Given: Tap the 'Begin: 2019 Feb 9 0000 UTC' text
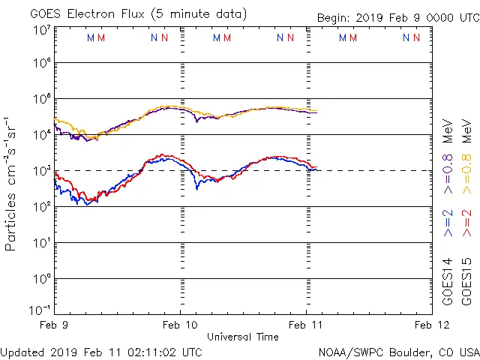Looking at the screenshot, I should click(397, 17).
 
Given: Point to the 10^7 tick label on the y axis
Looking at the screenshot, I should click(41, 30).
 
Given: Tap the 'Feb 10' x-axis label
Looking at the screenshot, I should click(180, 325).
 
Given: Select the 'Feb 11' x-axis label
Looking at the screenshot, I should click(306, 325).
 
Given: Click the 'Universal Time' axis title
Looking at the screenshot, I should click(243, 337).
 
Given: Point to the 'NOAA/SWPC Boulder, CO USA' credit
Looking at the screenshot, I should click(398, 351).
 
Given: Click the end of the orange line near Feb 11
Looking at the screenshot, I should click(316, 111).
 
